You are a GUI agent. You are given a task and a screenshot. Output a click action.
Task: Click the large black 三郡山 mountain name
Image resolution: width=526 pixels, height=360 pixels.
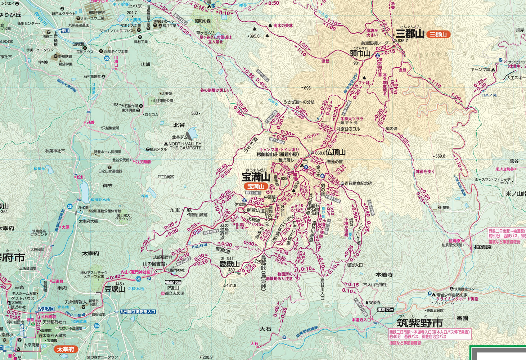pyautogui.click(x=410, y=34)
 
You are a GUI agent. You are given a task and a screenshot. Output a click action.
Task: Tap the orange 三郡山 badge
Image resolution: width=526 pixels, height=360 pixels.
pyautogui.click(x=438, y=35)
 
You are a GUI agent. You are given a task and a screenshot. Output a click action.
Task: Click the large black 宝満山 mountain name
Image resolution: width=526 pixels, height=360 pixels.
pyautogui.click(x=256, y=177)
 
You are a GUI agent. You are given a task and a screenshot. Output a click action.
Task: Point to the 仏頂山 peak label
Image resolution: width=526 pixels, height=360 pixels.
pyautogui.click(x=336, y=152)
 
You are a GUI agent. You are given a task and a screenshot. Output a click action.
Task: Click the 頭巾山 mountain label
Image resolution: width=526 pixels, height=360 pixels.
pyautogui.click(x=360, y=54)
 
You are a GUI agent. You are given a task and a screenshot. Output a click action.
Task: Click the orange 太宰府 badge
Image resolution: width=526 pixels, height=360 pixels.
pyautogui.click(x=66, y=349)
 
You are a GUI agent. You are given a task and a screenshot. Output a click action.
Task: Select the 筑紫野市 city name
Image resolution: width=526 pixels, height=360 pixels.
pyautogui.click(x=420, y=323)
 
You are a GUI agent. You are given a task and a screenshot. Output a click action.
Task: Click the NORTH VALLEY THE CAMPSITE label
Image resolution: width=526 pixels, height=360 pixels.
pyautogui.click(x=185, y=146)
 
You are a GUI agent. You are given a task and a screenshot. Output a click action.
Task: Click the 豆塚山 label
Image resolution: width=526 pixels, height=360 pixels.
pyautogui.click(x=114, y=289)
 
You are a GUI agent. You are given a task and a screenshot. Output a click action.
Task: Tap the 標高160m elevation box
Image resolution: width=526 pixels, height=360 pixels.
pyautogui.click(x=173, y=282)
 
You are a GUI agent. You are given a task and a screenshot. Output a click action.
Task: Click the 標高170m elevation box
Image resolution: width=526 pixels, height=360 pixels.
pyautogui.click(x=385, y=310)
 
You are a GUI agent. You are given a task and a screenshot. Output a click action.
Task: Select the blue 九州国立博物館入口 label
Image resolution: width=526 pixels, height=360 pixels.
pyautogui.click(x=137, y=311)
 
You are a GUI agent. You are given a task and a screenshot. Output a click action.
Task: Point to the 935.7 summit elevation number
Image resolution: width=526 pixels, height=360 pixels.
pyautogui.click(x=403, y=41)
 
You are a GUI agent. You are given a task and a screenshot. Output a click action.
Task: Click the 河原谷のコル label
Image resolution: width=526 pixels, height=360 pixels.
pyautogui.click(x=348, y=129)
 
